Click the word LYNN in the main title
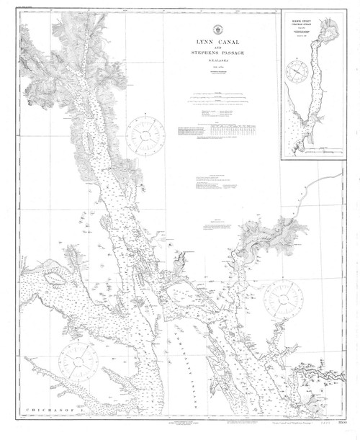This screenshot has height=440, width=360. [x=190, y=43]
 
